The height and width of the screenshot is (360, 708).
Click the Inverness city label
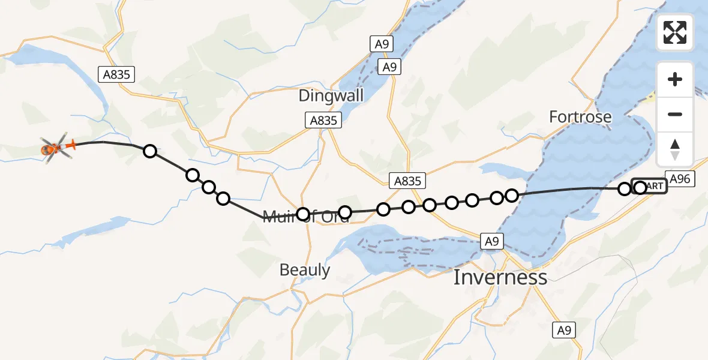tap(500, 277)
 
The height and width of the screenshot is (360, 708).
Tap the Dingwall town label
tap(331, 97)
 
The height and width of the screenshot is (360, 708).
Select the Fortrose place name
tap(580, 117)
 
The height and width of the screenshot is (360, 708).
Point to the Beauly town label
tap(305, 270)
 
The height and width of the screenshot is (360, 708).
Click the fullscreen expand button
tap(675, 32)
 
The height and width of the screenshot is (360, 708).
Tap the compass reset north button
tap(675, 149)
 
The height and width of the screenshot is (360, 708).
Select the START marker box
tap(650, 186)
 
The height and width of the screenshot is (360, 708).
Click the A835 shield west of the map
tap(116, 74)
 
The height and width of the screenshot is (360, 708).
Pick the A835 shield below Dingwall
tap(323, 120)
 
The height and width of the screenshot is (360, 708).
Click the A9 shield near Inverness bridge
tap(491, 241)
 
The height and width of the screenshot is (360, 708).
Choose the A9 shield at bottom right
tap(563, 329)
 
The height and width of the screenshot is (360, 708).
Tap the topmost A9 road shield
tap(382, 43)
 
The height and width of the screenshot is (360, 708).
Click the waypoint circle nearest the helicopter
tap(150, 151)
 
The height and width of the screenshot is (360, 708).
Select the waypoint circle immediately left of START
tap(625, 189)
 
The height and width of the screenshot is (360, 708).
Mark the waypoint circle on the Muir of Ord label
tap(303, 214)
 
